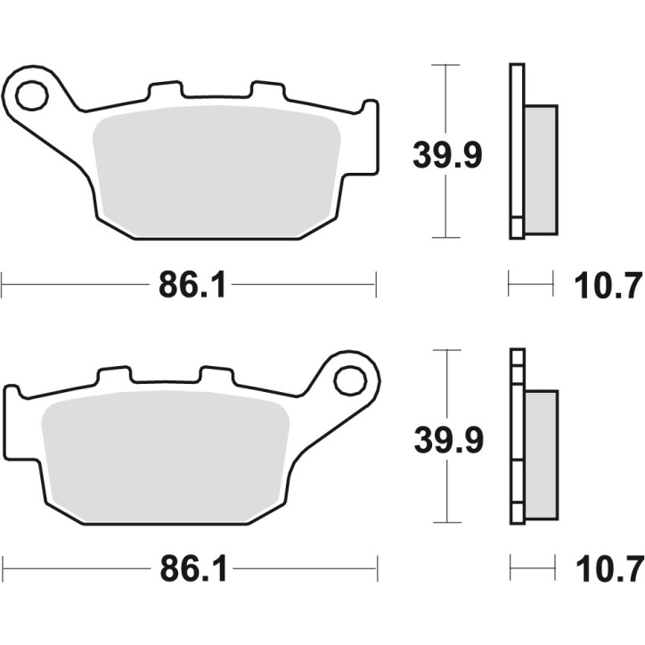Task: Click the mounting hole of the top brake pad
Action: pyautogui.click(x=31, y=94)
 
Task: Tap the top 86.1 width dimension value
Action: pyautogui.click(x=188, y=286)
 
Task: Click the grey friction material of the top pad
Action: pyautogui.click(x=218, y=169)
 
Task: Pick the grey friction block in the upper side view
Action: pyautogui.click(x=541, y=169)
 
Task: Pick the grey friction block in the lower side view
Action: pyautogui.click(x=541, y=454)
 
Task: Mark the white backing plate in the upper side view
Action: pyautogui.click(x=516, y=151)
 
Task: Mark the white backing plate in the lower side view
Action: pyautogui.click(x=516, y=437)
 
